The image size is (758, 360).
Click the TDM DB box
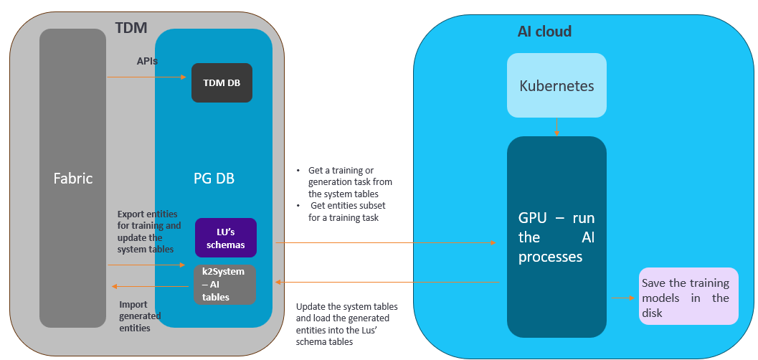click(x=222, y=82)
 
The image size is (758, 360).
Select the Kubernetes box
click(x=556, y=85)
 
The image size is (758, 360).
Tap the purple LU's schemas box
click(x=226, y=238)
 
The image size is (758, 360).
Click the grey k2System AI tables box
click(x=224, y=285)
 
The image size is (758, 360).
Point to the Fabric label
click(x=73, y=178)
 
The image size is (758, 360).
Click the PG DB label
click(x=214, y=179)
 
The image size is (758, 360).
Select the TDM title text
click(x=131, y=28)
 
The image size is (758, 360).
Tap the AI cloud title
click(x=544, y=32)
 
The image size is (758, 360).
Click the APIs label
click(x=147, y=62)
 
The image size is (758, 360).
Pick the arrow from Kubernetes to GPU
click(x=556, y=126)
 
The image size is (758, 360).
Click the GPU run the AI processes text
click(x=556, y=237)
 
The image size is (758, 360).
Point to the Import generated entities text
click(x=140, y=316)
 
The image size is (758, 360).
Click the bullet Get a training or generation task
click(x=349, y=182)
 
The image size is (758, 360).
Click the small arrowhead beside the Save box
click(x=632, y=297)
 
